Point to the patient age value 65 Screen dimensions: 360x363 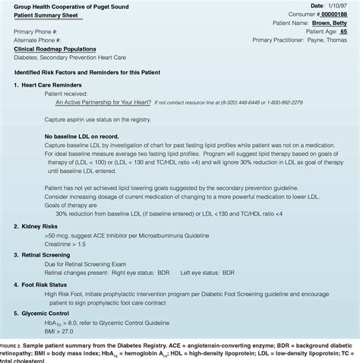click(x=343, y=32)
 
